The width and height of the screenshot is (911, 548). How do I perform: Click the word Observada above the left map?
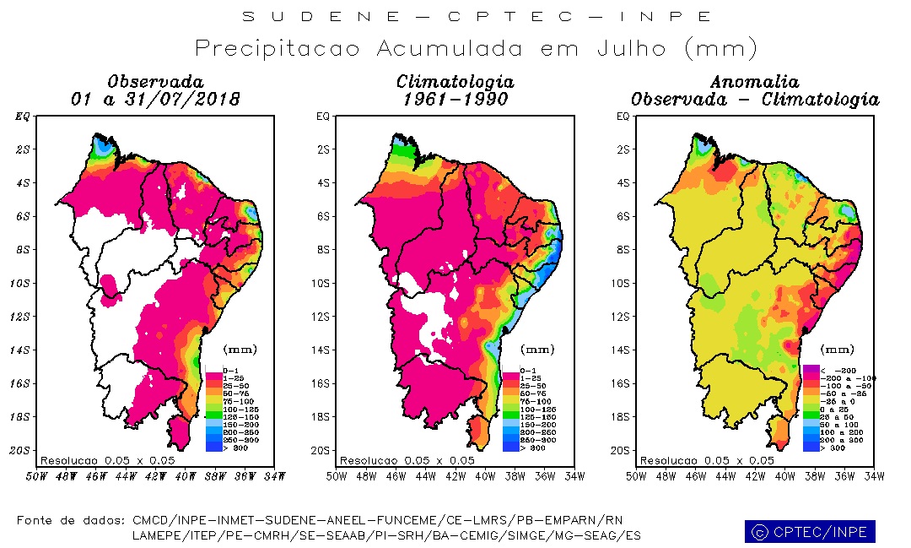click(155, 82)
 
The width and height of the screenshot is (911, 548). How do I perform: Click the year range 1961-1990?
click(455, 100)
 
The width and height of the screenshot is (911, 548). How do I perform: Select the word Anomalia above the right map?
click(754, 82)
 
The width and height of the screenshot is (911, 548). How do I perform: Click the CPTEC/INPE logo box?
click(810, 532)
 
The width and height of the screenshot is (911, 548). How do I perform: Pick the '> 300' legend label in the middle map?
click(533, 448)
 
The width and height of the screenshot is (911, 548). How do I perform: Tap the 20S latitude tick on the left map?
click(24, 450)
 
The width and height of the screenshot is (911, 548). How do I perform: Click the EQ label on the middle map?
click(323, 117)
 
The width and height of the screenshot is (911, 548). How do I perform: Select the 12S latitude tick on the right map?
click(623, 317)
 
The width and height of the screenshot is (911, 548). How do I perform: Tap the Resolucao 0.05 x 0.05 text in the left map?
click(107, 460)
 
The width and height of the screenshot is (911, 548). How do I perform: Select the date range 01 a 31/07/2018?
click(155, 100)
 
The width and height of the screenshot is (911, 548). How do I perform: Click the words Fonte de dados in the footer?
click(71, 520)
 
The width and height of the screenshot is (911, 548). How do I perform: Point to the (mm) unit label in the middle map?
click(537, 349)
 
